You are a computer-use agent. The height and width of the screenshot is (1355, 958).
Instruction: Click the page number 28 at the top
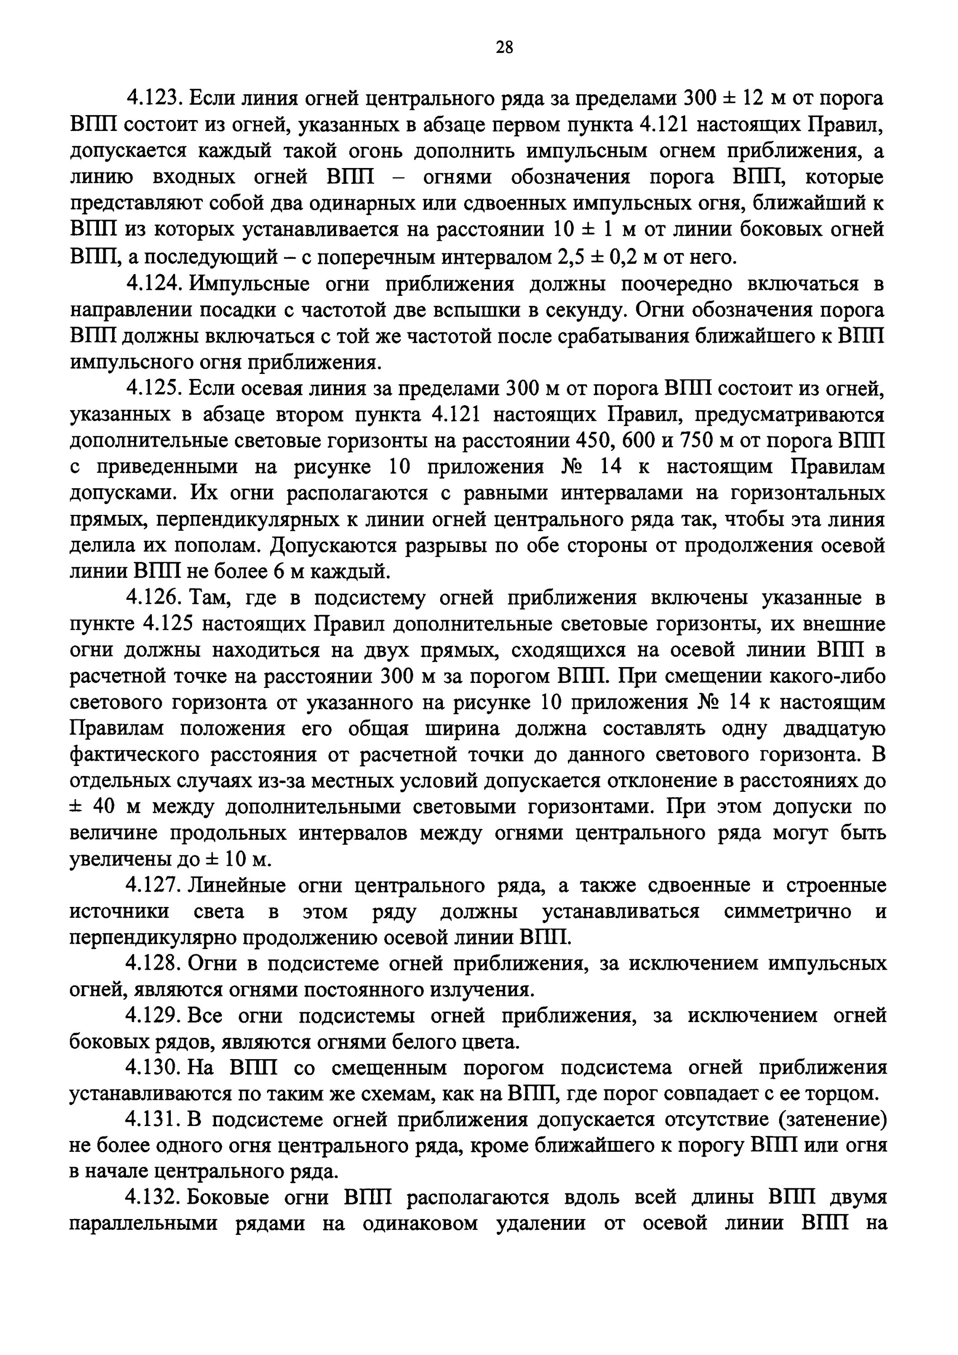(x=504, y=48)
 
